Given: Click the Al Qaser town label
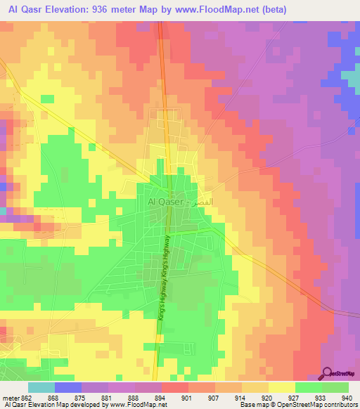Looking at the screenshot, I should pyautogui.click(x=165, y=202).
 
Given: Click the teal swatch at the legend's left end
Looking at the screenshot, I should pyautogui.click(x=41, y=387).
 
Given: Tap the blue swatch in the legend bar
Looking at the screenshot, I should pyautogui.click(x=67, y=387).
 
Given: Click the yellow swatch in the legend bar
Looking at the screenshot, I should pyautogui.click(x=281, y=387).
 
